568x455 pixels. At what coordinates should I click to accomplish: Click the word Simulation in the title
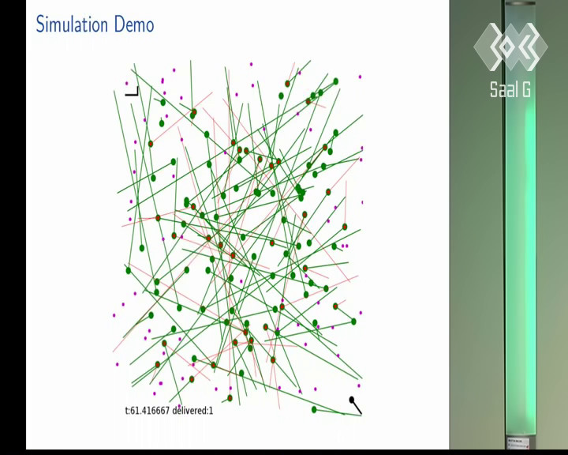(72, 24)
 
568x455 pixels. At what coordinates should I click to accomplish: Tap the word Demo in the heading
(134, 24)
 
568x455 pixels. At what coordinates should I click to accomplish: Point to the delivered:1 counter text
(192, 411)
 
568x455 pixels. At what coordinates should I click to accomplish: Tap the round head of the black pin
(351, 400)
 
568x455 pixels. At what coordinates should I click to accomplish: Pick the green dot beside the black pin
(314, 410)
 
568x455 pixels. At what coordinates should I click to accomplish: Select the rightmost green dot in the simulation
(353, 322)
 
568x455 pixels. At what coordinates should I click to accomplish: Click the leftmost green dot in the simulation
(129, 270)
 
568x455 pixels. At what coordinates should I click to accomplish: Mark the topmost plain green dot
(336, 81)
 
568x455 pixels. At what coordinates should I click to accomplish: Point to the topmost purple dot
(251, 64)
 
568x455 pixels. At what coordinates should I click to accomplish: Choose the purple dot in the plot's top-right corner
(360, 77)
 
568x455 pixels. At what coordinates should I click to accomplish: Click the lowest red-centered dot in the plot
(230, 398)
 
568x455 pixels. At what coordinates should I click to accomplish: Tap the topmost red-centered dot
(287, 84)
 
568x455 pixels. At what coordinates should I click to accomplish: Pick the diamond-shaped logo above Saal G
(510, 47)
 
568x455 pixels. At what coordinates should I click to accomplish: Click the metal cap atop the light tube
(520, 2)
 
